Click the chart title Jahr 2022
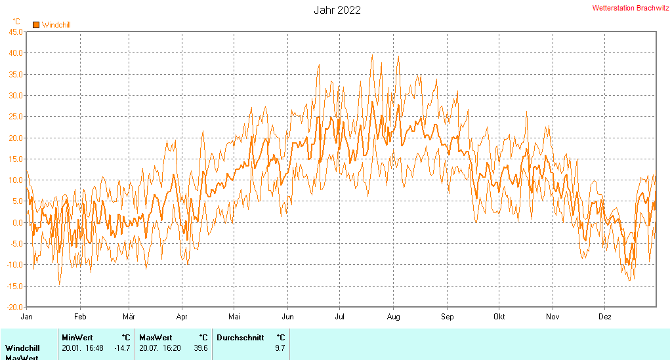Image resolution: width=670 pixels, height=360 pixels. click(337, 10)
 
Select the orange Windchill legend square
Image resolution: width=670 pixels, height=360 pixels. click(36, 25)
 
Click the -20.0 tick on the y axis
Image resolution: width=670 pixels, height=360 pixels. click(14, 307)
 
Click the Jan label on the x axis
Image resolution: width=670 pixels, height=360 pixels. click(27, 317)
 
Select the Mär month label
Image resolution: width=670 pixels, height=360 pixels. click(129, 317)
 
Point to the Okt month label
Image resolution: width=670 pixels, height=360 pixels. click(499, 317)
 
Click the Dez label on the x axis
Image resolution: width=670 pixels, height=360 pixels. click(604, 317)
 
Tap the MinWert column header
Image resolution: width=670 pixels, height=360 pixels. click(77, 338)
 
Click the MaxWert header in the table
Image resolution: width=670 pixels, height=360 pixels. click(156, 338)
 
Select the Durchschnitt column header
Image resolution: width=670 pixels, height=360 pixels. click(240, 338)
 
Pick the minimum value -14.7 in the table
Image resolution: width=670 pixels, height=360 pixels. click(122, 348)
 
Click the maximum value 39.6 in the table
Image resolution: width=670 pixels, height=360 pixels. click(201, 348)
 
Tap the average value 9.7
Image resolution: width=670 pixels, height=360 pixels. click(280, 348)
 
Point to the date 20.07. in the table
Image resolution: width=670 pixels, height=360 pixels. click(150, 348)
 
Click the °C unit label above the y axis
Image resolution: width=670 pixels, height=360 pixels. click(16, 21)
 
